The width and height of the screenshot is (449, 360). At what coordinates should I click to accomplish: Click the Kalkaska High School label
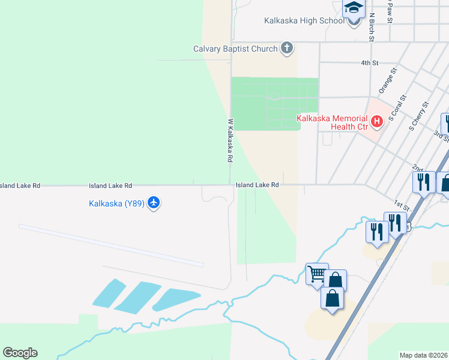pos(304,21)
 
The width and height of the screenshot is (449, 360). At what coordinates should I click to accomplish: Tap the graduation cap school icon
pos(354,9)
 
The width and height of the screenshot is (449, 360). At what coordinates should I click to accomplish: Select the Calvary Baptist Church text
pos(235,49)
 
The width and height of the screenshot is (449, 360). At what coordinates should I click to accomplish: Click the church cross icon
pos(287,48)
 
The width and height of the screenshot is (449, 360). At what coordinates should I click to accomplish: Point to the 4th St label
pos(370,62)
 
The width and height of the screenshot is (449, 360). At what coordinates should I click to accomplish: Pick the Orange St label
pos(388,80)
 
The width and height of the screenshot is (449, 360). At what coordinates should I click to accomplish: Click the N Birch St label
pos(372,27)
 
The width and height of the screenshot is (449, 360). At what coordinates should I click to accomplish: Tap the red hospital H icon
pos(377,122)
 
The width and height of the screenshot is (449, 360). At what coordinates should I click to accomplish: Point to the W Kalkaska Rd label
pos(229,141)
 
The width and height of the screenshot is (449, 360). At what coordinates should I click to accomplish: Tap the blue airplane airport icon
pos(154,203)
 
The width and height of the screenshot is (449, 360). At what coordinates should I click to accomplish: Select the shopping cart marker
pos(316,275)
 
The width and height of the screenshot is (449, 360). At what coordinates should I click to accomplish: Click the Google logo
pos(20,353)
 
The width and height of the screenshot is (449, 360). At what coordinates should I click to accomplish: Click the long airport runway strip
pos(111,245)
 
